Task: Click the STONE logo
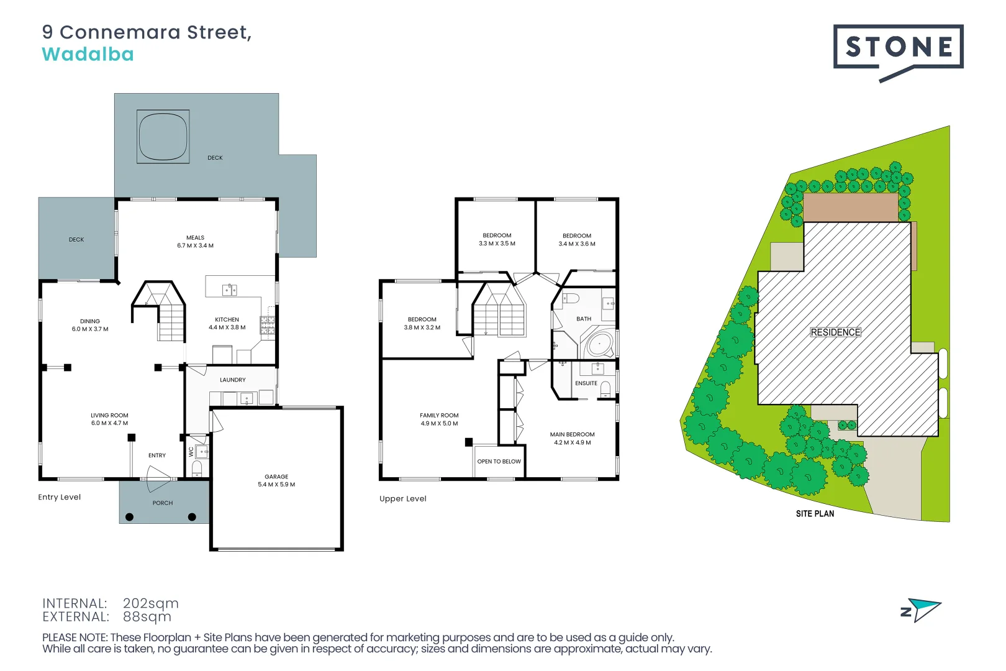[898, 48]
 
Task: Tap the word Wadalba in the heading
[88, 55]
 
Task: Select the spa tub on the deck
[163, 136]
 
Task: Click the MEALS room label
[195, 237]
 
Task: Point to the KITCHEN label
[227, 319]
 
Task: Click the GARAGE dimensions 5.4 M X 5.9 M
[276, 485]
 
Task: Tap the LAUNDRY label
[232, 380]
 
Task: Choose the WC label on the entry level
[191, 452]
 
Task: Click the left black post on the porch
[129, 517]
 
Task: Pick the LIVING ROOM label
[109, 415]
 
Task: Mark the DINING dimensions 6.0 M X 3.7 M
[90, 329]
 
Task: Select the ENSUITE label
[586, 383]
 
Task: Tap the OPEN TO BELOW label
[499, 462]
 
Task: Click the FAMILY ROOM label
[439, 415]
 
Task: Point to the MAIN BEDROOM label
[572, 434]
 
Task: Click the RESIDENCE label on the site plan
[835, 332]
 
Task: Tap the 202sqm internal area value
[150, 603]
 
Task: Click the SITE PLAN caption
[815, 514]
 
